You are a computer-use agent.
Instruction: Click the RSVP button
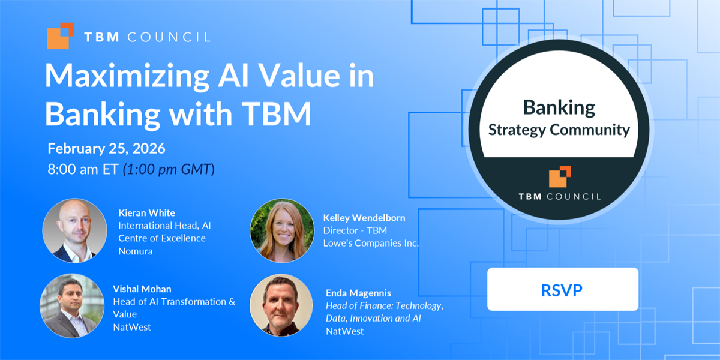coord(563,289)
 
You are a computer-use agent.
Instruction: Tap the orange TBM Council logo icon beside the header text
coord(61,36)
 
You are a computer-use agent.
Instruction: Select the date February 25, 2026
coord(106,149)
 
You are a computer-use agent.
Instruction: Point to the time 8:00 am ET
coord(83,169)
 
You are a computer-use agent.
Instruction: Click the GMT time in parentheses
coord(169,169)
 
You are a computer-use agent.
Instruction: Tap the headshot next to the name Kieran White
coord(75,230)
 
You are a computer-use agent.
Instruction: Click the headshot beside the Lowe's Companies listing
coord(282,230)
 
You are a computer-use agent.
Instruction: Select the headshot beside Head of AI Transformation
coord(72,305)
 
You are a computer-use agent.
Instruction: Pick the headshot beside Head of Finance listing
coord(281,305)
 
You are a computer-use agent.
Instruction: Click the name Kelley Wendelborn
coord(364,218)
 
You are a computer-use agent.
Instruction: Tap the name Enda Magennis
coord(358,293)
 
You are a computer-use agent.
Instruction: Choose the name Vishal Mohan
coord(142,289)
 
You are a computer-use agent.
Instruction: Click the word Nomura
coord(136,251)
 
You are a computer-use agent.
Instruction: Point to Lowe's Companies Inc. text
coord(371,244)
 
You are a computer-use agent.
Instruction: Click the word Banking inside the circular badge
coord(559,107)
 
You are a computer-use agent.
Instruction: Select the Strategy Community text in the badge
coord(559,130)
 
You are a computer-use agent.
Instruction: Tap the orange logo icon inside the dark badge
coord(560,176)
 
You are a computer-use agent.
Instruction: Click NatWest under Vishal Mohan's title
coord(132,327)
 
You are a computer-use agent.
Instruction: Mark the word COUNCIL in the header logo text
coord(169,37)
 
